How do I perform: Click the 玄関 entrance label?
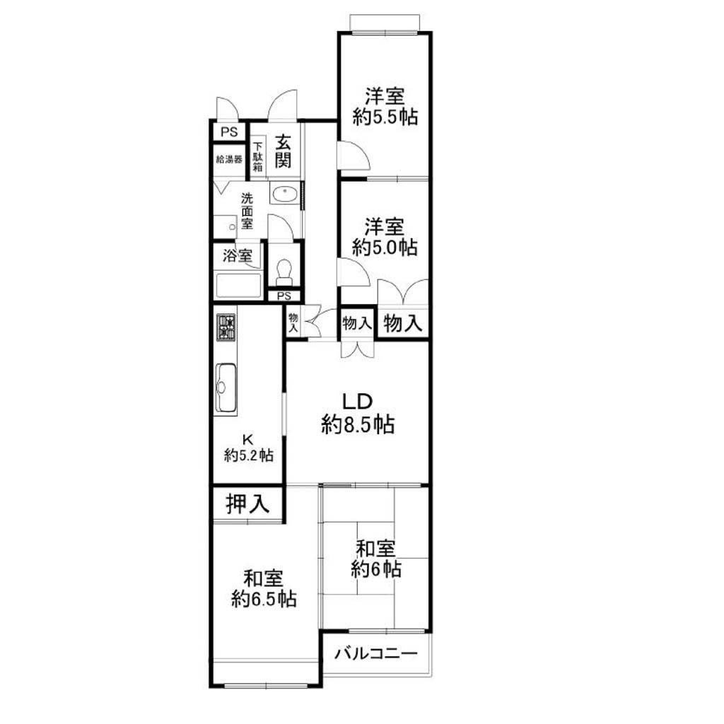283,151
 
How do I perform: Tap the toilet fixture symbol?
284,272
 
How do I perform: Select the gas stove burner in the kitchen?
226,327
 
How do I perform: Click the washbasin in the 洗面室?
285,194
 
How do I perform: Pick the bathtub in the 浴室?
238,286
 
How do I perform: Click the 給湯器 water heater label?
229,160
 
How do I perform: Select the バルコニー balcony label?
376,653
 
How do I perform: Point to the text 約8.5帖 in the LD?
357,424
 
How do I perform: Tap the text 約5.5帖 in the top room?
385,117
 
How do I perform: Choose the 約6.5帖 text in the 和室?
264,599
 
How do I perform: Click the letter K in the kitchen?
248,438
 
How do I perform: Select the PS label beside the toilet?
284,296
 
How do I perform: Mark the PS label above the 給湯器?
229,132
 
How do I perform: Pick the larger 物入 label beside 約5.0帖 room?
403,323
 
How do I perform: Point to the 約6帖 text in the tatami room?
376,569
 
